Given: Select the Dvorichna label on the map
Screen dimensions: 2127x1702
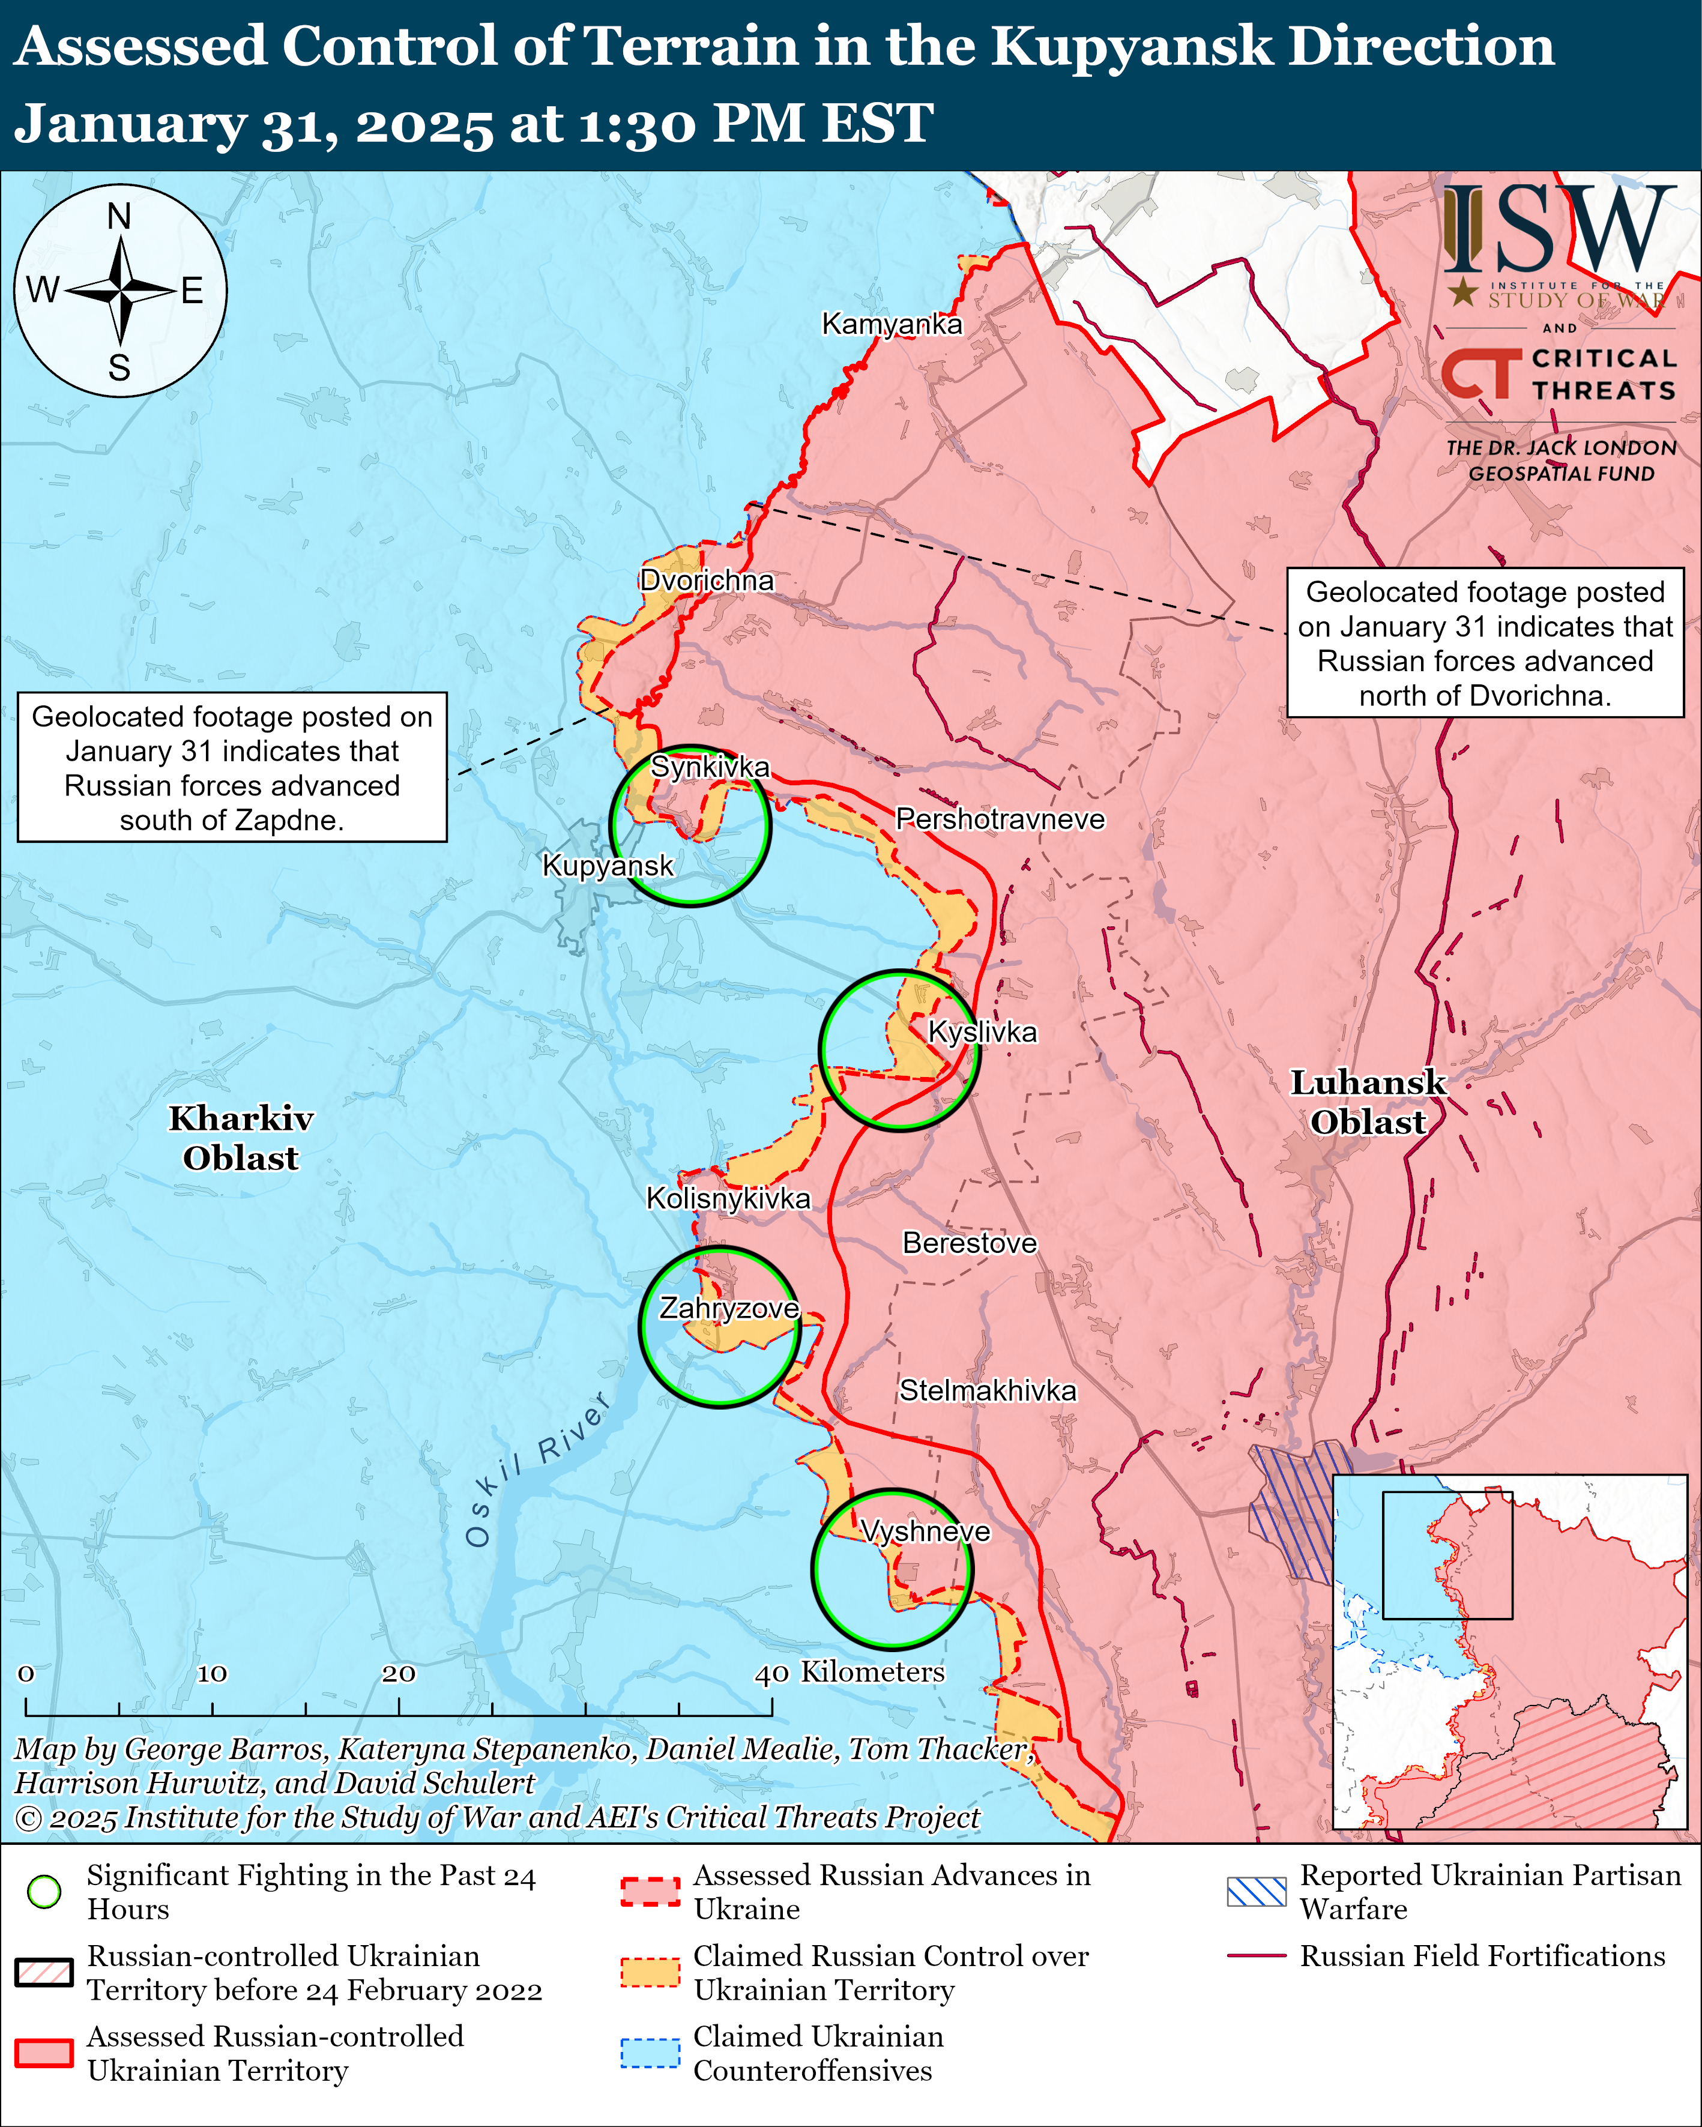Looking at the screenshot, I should click(x=707, y=580).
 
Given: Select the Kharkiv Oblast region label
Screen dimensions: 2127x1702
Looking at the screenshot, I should click(x=241, y=1138).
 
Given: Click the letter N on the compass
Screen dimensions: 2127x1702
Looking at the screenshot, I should click(x=119, y=216).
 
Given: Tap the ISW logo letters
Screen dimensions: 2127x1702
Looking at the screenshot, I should click(x=1559, y=229).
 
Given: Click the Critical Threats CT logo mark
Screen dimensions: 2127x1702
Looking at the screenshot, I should click(x=1480, y=374).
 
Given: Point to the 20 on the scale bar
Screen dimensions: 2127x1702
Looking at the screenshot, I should click(x=399, y=1673).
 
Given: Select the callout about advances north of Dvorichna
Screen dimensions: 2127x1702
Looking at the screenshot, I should click(x=1484, y=643).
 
